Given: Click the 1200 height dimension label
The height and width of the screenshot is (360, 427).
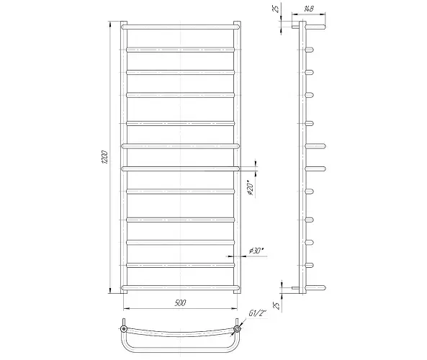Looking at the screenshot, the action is (x=106, y=157).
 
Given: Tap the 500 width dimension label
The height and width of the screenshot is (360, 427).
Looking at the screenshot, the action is (x=180, y=303).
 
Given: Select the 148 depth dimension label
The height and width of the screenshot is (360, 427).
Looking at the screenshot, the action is (x=308, y=9).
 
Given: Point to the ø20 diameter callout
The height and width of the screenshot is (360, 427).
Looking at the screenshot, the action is (x=251, y=188).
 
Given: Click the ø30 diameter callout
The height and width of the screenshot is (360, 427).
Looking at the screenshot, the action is (x=256, y=251).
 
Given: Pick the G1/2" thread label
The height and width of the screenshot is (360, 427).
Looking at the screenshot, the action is (x=257, y=313).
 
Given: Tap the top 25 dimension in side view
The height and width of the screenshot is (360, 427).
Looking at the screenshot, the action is (x=276, y=9).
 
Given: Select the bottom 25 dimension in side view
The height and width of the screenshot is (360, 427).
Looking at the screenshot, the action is (x=277, y=305).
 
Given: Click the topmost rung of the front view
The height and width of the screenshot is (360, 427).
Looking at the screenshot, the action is (x=181, y=27).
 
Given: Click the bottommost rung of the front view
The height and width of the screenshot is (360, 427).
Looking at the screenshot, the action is (x=181, y=287).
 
